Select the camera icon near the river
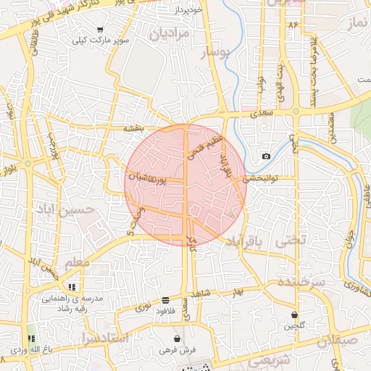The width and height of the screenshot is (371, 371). point(266,157)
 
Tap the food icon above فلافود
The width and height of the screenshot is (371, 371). point(166,300)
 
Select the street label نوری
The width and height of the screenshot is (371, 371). point(143,307)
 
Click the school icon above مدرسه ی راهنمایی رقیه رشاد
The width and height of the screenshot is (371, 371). point(72,287)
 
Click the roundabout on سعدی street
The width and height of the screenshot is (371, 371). point(297,112)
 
